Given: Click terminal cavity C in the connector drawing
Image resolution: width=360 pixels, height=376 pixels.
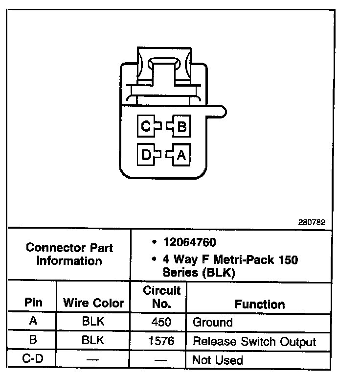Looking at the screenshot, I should click(146, 127).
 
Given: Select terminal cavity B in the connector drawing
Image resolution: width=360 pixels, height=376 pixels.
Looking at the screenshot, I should click(181, 127).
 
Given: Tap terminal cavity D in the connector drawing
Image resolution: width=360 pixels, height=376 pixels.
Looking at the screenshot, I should click(146, 155).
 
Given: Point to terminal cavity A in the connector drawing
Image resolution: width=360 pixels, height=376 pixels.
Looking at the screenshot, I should click(181, 155).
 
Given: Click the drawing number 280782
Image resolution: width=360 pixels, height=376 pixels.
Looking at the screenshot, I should click(312, 222).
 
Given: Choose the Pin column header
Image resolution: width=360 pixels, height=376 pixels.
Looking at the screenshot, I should click(33, 303).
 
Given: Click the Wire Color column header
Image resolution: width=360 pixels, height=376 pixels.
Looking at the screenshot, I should click(93, 303).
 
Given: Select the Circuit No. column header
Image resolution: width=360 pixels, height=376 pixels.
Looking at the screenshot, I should click(162, 297).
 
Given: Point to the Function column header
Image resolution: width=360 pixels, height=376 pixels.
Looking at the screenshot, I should click(259, 304).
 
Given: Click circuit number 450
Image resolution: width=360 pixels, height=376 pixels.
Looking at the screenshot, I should click(161, 323).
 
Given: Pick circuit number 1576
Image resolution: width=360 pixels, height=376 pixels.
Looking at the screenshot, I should click(161, 341).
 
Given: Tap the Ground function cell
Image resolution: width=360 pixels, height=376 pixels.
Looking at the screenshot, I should click(213, 323).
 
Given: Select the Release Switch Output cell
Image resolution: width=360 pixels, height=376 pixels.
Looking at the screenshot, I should click(254, 341).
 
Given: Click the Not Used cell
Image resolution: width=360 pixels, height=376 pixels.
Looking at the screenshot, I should click(217, 360).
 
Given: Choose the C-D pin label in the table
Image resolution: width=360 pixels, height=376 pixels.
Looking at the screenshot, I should click(33, 360).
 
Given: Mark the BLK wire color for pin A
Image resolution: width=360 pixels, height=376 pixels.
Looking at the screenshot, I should click(93, 323).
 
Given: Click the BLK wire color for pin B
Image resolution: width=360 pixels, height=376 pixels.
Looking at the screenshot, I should click(93, 341).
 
